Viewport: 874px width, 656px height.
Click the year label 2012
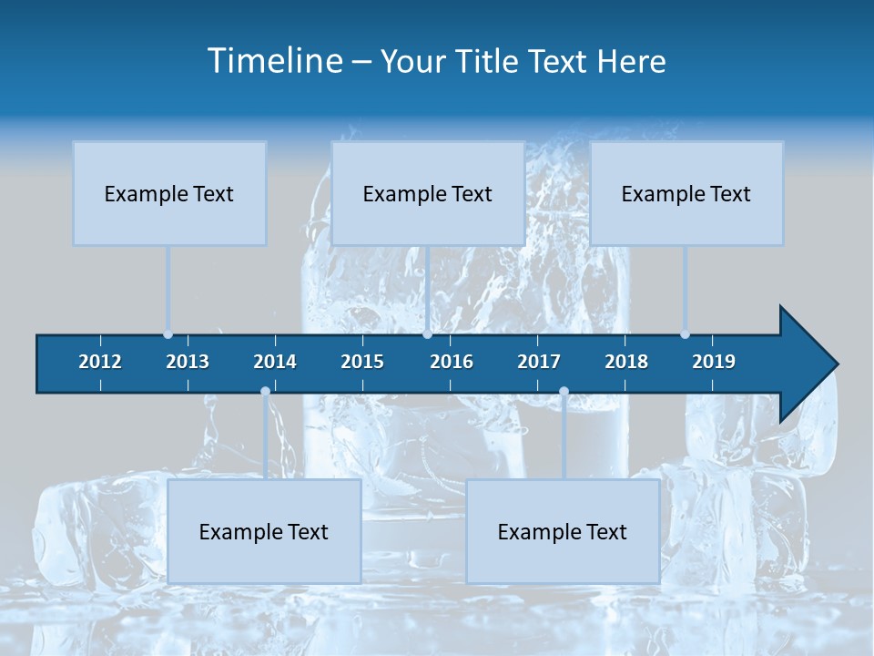[100, 362]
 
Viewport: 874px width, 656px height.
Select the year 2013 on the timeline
[188, 362]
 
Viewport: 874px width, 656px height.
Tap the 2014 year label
[275, 362]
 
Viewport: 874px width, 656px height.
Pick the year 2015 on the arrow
[362, 362]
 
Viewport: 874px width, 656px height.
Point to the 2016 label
[452, 362]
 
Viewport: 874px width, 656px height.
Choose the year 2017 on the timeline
[539, 362]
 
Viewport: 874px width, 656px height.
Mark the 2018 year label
[626, 362]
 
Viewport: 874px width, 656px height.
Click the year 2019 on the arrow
[714, 362]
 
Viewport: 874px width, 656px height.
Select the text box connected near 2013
[169, 193]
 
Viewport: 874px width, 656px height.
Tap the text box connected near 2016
[428, 193]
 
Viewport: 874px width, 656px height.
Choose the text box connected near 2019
[686, 193]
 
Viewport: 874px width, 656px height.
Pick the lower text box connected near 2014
[264, 531]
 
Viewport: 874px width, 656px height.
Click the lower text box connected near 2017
[563, 531]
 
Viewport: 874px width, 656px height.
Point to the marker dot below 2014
[265, 392]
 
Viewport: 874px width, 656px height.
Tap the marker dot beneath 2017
[564, 392]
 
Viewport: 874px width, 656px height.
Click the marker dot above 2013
[168, 334]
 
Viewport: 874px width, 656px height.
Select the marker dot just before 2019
[686, 334]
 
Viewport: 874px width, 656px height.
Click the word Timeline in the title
[274, 61]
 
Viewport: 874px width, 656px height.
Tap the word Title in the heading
[489, 61]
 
